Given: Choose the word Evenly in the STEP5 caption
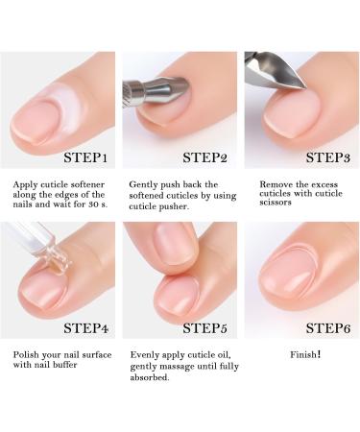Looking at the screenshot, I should (146, 354).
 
